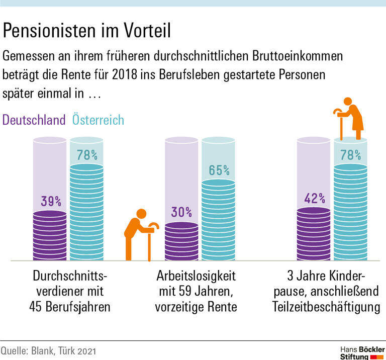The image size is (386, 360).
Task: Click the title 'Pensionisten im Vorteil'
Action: (87, 31)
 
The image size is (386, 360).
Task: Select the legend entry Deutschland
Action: (34, 120)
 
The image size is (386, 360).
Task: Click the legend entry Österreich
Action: (98, 120)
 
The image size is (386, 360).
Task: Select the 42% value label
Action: (315, 198)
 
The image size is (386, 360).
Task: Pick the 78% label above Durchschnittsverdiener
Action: (87, 154)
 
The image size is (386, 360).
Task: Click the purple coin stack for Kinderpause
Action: (315, 233)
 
